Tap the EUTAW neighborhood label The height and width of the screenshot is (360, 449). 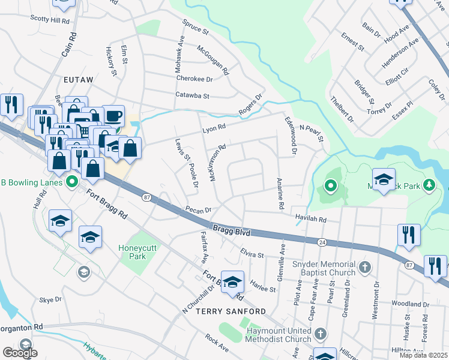point(77,79)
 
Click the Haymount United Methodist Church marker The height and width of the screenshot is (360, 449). point(321,333)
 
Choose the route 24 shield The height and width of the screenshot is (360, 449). point(322,241)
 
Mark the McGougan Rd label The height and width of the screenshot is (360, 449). point(212,59)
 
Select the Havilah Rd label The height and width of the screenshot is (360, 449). point(310,220)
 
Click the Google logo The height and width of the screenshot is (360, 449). point(20,353)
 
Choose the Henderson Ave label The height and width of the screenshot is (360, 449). point(402,55)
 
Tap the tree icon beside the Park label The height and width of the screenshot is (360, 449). point(429,183)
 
